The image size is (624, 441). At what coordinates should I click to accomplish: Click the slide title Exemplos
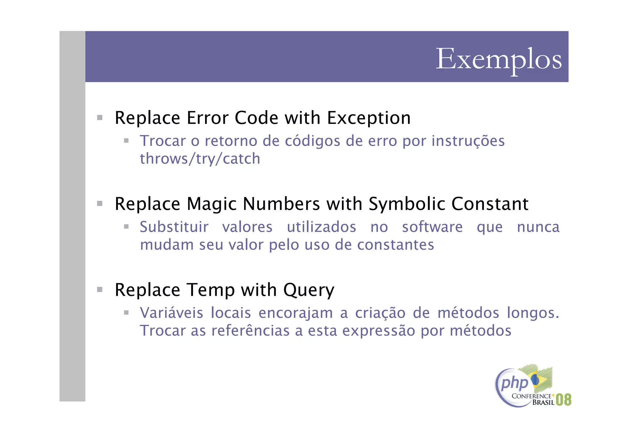498,59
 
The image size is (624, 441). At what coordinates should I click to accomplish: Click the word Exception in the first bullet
369,118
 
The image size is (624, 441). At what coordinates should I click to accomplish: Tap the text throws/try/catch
200,159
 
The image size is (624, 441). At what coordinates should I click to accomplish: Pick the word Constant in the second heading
490,204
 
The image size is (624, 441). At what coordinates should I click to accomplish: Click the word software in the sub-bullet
432,227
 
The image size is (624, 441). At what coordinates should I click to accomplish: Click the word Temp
211,290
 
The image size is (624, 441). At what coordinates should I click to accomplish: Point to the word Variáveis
171,313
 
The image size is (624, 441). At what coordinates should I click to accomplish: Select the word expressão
378,331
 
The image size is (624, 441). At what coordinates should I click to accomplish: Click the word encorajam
296,313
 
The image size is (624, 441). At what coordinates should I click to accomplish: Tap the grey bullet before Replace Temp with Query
100,289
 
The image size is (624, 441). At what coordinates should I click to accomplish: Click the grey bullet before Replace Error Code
100,117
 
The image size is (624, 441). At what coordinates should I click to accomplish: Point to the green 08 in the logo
563,400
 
